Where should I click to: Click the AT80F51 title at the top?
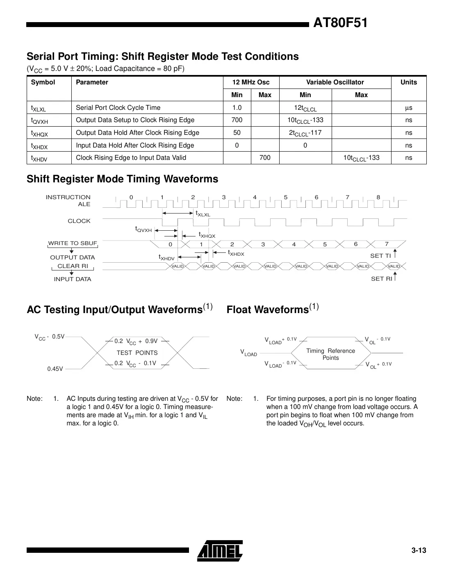click(340, 23)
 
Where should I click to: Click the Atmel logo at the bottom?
click(220, 550)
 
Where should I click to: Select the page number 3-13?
click(419, 550)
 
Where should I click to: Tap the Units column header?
click(408, 82)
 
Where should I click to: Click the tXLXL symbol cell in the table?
click(39, 108)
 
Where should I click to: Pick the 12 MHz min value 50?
click(237, 133)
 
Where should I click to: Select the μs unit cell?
click(408, 108)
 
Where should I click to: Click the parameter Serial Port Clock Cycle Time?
click(118, 108)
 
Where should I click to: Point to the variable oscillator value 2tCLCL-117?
click(305, 133)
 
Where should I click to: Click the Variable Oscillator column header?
click(335, 82)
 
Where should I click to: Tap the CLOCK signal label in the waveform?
click(79, 221)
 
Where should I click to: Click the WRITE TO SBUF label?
click(73, 243)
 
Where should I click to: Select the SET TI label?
click(380, 256)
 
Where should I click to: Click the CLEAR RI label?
click(73, 266)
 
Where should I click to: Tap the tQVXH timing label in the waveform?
click(143, 229)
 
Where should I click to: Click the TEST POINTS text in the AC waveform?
click(137, 353)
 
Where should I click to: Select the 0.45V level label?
click(55, 369)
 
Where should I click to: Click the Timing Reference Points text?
click(330, 354)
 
